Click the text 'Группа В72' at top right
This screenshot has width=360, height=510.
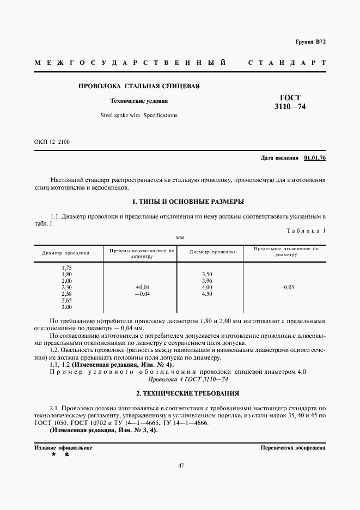click(310, 42)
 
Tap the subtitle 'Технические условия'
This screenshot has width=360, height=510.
click(139, 101)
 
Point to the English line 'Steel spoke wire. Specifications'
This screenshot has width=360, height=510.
click(139, 116)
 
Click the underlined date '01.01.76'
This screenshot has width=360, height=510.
click(315, 157)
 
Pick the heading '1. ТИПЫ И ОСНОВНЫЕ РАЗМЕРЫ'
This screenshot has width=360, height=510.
click(184, 202)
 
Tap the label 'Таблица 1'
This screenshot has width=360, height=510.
click(306, 230)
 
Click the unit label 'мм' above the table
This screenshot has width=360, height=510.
click(180, 238)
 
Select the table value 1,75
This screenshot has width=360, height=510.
click(67, 268)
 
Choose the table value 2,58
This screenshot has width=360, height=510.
click(67, 294)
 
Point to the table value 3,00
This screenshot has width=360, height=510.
click(67, 307)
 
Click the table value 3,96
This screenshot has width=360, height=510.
click(206, 281)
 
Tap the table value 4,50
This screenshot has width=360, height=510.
click(206, 294)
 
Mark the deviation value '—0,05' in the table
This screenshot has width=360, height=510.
click(285, 287)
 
